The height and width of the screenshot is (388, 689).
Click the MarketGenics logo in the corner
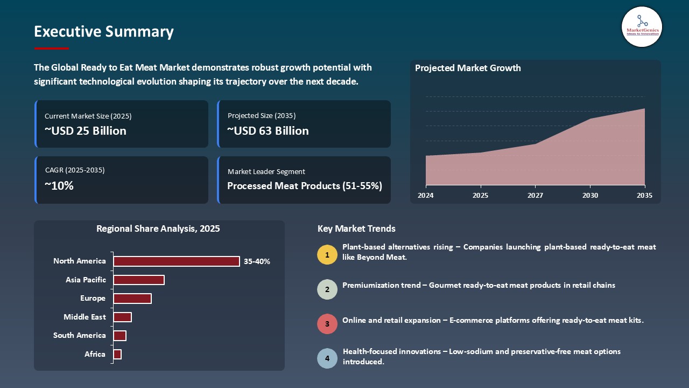click(642, 26)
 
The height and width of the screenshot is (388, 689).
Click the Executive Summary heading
click(104, 32)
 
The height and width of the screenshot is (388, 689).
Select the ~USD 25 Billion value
click(86, 131)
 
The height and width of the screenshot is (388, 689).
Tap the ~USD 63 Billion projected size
click(268, 131)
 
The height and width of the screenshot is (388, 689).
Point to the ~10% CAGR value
click(59, 186)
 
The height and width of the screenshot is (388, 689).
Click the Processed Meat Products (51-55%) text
click(305, 186)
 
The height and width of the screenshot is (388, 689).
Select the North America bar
click(177, 261)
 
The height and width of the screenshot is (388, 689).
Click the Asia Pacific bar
click(139, 280)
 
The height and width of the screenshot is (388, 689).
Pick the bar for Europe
click(132, 299)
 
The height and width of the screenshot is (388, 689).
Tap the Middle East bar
click(123, 317)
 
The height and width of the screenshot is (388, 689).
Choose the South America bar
click(120, 336)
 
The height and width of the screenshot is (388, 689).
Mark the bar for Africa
click(117, 354)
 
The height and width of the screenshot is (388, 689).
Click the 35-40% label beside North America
click(257, 262)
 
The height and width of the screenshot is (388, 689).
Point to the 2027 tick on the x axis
click(535, 196)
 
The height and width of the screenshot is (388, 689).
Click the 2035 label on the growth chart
click(644, 196)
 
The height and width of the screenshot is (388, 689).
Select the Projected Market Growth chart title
click(468, 68)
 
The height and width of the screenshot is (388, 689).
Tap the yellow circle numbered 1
click(327, 254)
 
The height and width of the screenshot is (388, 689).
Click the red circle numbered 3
click(327, 324)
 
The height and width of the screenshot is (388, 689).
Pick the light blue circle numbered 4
click(327, 358)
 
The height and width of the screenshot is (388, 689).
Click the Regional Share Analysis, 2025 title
click(158, 229)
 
